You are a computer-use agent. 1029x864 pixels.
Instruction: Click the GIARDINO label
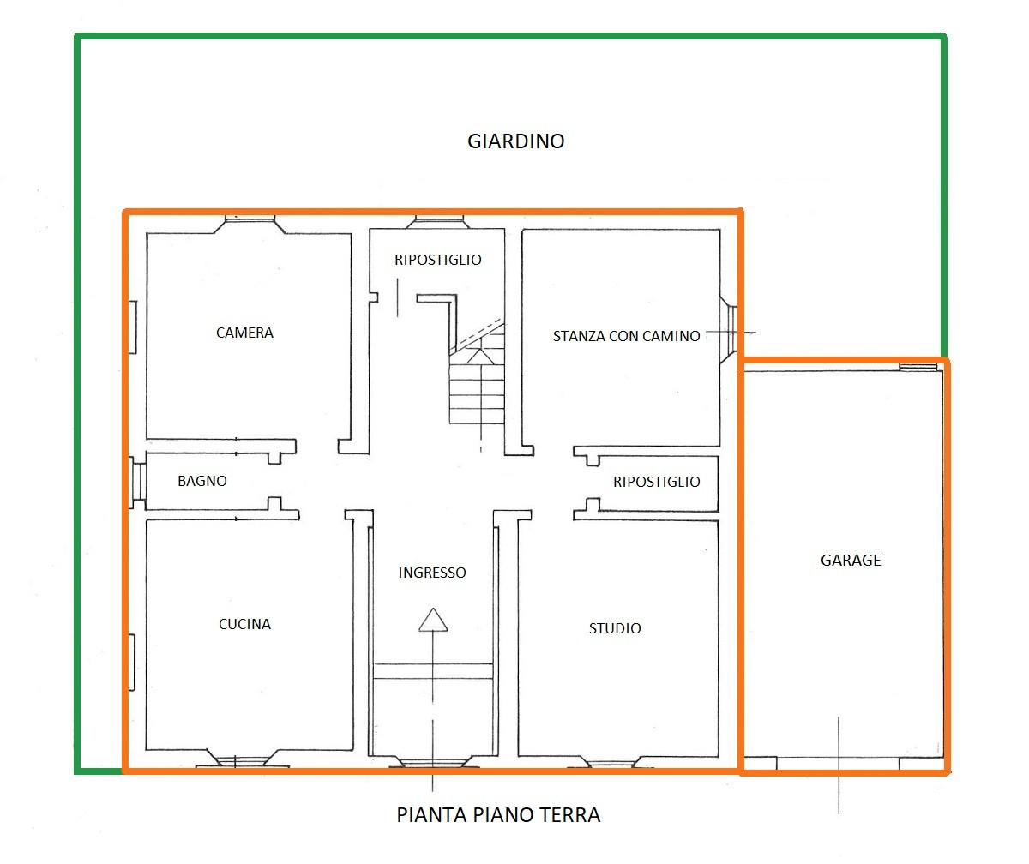click(515, 141)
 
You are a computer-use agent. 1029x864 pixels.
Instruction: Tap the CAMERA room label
click(244, 333)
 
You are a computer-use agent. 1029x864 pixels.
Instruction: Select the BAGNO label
click(202, 481)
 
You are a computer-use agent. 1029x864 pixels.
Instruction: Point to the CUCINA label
click(244, 624)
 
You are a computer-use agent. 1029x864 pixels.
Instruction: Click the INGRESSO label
click(432, 573)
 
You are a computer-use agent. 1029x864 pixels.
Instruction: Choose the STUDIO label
click(615, 628)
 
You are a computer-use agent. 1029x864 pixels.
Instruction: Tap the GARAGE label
click(851, 560)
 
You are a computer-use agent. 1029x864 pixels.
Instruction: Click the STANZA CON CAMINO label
click(626, 336)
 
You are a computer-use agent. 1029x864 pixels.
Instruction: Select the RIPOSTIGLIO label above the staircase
click(438, 260)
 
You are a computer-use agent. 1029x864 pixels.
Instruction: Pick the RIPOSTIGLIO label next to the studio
click(657, 482)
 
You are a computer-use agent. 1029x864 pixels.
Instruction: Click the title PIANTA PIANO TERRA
click(498, 815)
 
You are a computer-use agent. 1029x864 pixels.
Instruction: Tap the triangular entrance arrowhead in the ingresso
click(433, 620)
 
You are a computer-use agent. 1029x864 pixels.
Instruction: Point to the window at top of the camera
click(250, 224)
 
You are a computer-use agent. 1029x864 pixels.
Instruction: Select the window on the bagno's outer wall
click(138, 483)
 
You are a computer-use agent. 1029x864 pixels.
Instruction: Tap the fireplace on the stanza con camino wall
click(729, 330)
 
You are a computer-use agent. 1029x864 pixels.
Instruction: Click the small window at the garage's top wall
click(918, 368)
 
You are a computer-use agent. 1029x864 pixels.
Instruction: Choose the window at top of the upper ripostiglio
click(436, 222)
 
